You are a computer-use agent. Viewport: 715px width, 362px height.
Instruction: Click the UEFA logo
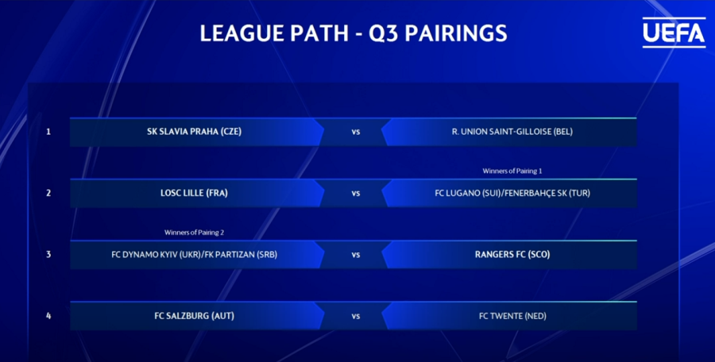point(674,33)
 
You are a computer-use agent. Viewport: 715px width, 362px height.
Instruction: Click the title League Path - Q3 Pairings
point(354,33)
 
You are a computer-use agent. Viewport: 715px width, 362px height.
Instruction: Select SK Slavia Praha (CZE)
point(195,132)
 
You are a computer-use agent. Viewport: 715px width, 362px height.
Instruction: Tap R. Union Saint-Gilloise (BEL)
point(512,132)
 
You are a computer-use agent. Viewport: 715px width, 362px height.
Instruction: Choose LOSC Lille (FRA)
point(195,194)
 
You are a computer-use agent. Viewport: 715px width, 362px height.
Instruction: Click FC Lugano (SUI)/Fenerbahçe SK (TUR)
point(512,194)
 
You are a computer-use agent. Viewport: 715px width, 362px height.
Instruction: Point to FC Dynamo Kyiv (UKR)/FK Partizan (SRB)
point(195,255)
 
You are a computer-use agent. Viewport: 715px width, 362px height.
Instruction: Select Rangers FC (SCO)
point(512,255)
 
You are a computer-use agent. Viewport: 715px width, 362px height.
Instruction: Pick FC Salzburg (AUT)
point(195,316)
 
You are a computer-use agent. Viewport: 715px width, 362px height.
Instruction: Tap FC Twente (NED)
point(512,316)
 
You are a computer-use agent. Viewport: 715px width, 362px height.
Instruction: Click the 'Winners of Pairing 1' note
point(512,171)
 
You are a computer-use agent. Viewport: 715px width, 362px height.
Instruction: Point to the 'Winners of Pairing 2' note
point(195,233)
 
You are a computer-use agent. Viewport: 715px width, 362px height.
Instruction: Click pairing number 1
point(48,132)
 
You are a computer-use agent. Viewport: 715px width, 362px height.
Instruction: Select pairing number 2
point(48,194)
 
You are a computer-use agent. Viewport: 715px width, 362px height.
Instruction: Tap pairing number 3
point(48,255)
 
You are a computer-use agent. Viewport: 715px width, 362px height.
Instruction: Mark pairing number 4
point(48,316)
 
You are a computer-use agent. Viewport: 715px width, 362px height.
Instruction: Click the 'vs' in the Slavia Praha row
point(356,133)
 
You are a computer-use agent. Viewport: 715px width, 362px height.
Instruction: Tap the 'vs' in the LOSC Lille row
point(356,194)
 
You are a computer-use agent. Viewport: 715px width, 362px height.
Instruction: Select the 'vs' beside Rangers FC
point(356,256)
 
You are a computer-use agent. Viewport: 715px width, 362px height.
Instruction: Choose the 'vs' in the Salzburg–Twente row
point(356,317)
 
